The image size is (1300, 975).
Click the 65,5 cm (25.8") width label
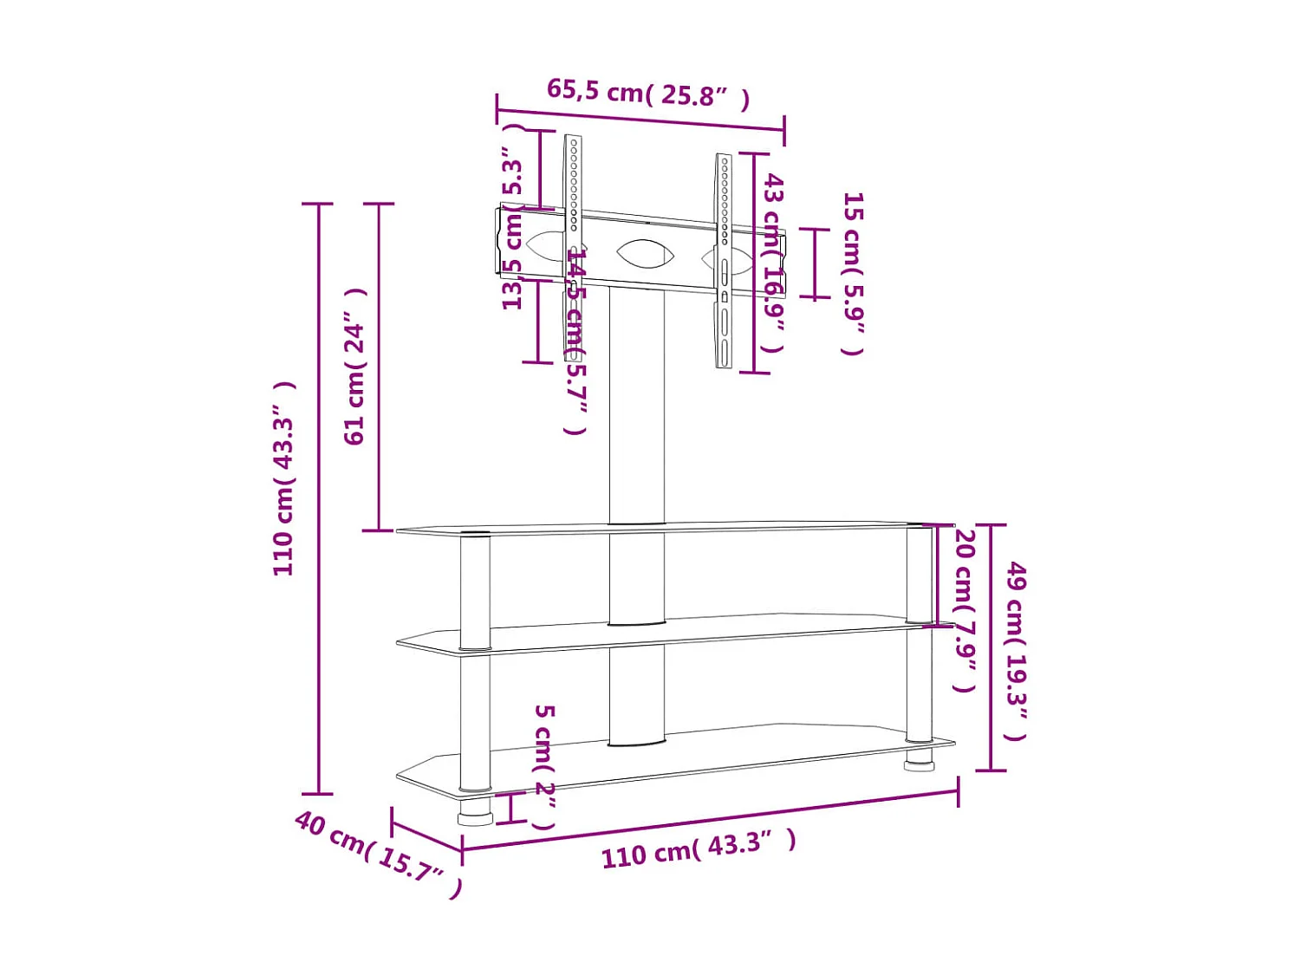coord(647,93)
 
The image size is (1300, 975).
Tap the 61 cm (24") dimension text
coord(356,367)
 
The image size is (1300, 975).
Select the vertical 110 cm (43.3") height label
coord(284,478)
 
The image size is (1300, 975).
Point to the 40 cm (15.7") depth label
coord(378,854)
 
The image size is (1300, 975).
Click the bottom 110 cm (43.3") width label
coord(699,848)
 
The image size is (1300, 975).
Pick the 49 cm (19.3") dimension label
coord(1016,650)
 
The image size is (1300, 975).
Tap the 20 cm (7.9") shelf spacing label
coord(965,610)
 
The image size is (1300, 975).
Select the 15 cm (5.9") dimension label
coord(853,273)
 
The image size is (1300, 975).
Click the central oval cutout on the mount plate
coord(645,254)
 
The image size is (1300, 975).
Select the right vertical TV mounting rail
coord(724,260)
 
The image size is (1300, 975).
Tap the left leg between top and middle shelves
coord(475,589)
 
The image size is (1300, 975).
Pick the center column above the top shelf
coord(636,407)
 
